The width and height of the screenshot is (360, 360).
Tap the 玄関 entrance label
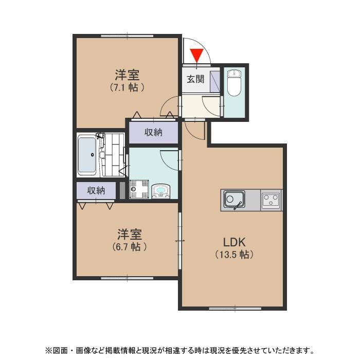[195, 79]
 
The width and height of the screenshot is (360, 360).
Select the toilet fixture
[234, 83]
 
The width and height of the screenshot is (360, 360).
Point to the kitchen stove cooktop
[271, 200]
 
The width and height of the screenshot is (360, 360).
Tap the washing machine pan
[139, 189]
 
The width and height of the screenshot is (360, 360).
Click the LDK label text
[235, 242]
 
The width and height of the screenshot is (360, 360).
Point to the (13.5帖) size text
[235, 254]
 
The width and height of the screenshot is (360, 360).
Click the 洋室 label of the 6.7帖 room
[129, 235]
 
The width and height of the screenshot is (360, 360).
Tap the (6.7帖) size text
[129, 247]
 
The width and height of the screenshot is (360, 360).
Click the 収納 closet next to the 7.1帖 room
[153, 132]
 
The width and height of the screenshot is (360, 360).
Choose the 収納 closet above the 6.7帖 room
[96, 190]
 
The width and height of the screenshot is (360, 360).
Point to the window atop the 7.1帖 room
[127, 36]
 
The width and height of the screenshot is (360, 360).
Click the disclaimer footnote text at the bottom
[180, 351]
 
